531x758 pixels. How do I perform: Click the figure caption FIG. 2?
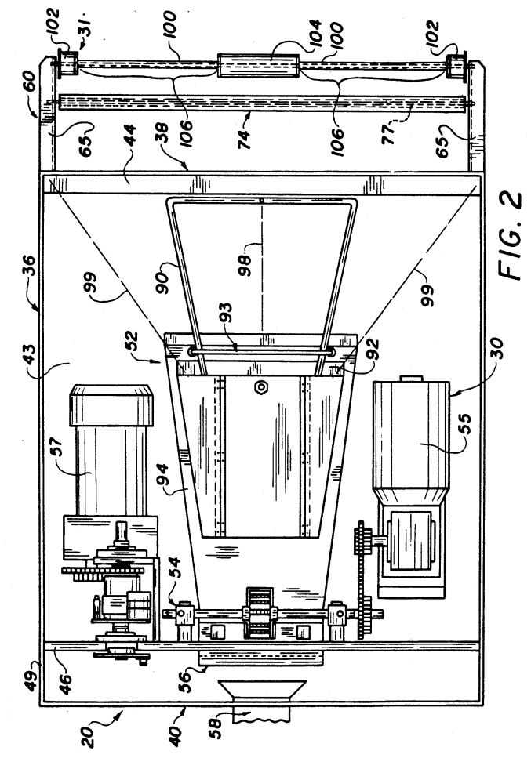tap(510, 235)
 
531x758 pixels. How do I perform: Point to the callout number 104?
tap(315, 33)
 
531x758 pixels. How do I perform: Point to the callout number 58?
tap(214, 724)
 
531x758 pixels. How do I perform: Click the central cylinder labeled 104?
tap(258, 66)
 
